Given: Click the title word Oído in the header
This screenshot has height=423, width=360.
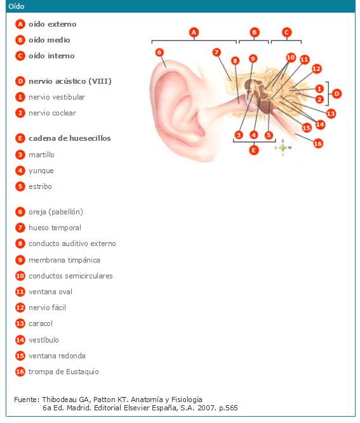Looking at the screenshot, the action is click(17, 6).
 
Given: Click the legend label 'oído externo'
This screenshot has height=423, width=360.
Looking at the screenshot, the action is click(53, 24).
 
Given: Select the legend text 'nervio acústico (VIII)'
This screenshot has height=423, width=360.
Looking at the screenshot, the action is click(70, 81).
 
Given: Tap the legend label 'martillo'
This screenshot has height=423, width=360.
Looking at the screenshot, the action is click(41, 155).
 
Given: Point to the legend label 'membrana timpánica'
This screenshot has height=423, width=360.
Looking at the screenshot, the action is click(64, 260).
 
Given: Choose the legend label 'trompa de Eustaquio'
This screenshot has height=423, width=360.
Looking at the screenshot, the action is click(63, 372).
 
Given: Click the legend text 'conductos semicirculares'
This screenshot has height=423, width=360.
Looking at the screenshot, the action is click(70, 276).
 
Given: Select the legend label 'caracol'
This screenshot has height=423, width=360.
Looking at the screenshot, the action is click(41, 323).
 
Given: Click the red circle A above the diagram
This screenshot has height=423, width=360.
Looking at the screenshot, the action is click(194, 32).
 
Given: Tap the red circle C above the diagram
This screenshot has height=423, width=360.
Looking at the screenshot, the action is click(286, 32).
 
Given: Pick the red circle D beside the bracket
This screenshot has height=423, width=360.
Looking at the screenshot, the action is click(337, 94).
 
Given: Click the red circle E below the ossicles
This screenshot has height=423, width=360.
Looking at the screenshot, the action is click(253, 150).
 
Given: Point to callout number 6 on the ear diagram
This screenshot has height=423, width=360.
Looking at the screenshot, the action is click(159, 52).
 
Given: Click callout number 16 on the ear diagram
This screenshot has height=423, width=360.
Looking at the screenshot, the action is click(318, 143).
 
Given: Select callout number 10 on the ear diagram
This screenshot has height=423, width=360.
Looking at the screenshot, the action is click(291, 57).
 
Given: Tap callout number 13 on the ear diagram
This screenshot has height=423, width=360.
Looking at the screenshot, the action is click(331, 114).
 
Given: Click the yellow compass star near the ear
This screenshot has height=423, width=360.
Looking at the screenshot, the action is click(283, 148).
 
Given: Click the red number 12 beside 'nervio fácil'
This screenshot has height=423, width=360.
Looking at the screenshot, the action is click(20, 308).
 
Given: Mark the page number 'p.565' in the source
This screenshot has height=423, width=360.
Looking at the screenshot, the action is click(229, 408).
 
